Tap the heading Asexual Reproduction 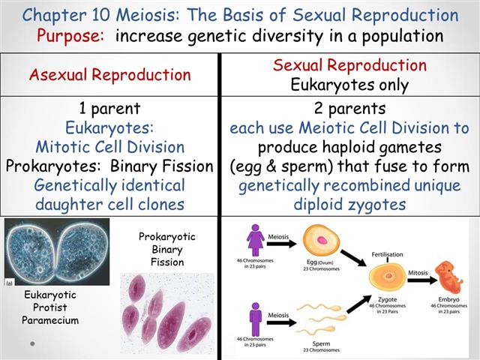click(x=110, y=74)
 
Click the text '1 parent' click(x=110, y=109)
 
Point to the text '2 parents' click(x=350, y=109)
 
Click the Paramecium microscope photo click(x=57, y=253)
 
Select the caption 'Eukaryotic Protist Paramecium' click(x=49, y=307)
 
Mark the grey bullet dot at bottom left click(x=32, y=343)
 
